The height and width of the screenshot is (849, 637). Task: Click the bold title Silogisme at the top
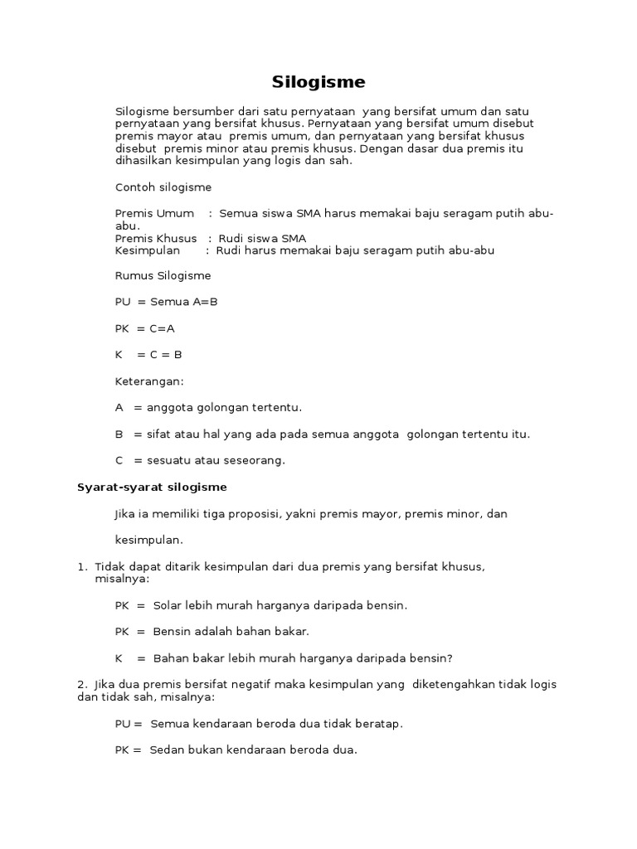[318, 82]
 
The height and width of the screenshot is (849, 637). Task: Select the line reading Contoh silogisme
[163, 187]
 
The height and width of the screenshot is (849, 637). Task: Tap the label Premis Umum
[154, 214]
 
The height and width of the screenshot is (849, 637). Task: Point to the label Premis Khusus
[156, 239]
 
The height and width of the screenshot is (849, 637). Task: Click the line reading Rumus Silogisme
[163, 275]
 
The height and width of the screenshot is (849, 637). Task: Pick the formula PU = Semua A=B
[166, 302]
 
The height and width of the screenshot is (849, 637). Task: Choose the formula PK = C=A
[144, 328]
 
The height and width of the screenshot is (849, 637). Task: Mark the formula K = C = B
[148, 355]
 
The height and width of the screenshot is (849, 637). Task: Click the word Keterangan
[148, 381]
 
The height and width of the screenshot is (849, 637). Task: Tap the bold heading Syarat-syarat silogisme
[152, 488]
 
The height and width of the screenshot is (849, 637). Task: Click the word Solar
[168, 605]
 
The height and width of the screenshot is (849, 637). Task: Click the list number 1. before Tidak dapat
[82, 566]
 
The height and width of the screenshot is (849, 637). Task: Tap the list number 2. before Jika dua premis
[82, 684]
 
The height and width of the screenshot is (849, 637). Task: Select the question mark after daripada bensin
[450, 658]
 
